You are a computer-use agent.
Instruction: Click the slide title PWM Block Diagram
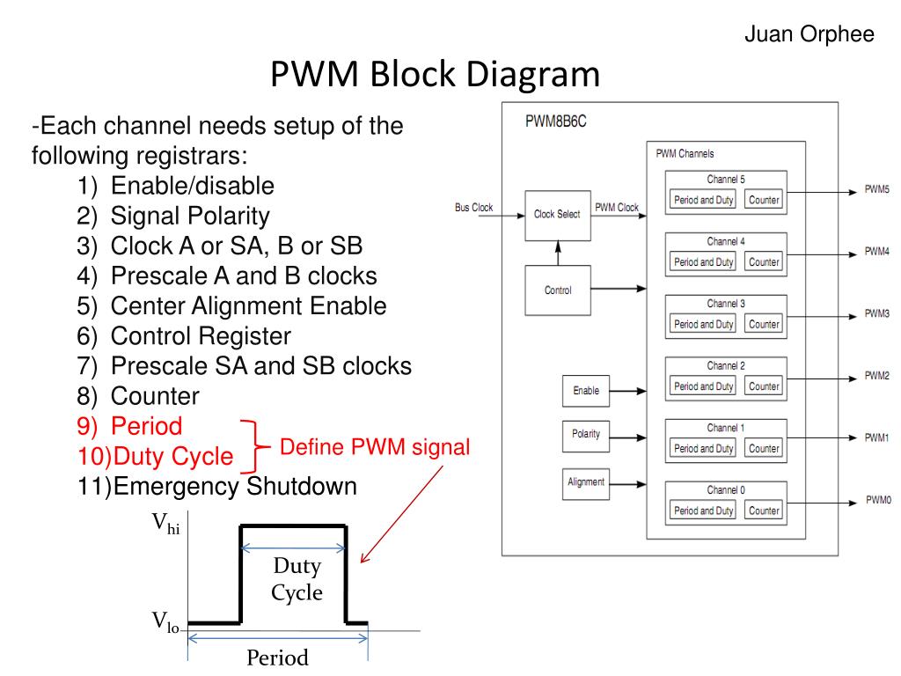tap(435, 75)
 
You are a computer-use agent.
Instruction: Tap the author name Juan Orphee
tap(809, 34)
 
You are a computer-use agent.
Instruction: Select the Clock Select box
tap(557, 215)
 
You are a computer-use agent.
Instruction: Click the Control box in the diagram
tap(557, 290)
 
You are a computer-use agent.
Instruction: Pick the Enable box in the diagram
tap(586, 391)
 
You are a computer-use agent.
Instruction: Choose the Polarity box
tap(586, 435)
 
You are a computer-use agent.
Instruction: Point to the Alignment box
tap(586, 481)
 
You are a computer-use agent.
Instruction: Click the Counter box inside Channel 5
tap(764, 200)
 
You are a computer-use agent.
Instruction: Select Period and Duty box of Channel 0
tap(703, 511)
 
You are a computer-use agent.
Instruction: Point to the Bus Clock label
tap(473, 208)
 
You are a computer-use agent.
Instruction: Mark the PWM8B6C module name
tap(556, 121)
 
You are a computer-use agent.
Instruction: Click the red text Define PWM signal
tap(375, 448)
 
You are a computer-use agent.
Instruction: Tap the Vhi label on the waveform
tap(165, 525)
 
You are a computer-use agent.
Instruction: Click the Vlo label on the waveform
tap(165, 623)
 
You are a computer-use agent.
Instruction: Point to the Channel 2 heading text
tap(726, 365)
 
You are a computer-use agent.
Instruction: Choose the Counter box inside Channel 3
tap(764, 324)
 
